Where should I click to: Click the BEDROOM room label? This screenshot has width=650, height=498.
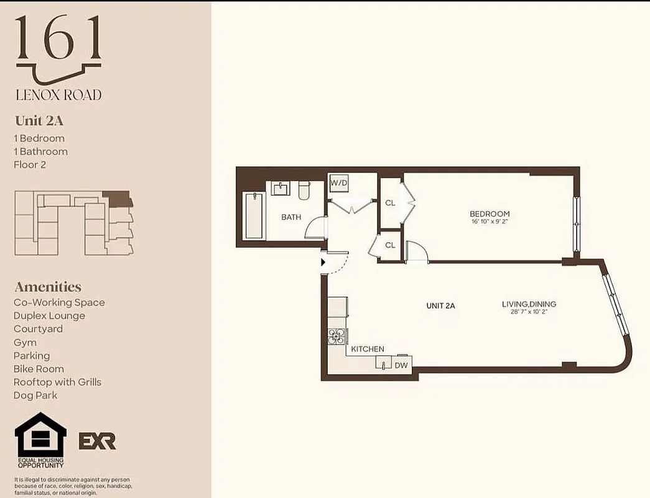[x=490, y=214]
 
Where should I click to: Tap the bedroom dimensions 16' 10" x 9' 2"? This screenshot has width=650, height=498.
[x=490, y=222]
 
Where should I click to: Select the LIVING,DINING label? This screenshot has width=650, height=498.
[x=529, y=304]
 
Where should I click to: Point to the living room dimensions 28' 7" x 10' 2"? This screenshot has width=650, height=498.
[x=529, y=312]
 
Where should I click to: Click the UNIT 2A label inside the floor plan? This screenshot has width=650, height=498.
[x=440, y=306]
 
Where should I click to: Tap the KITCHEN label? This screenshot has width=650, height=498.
[x=368, y=349]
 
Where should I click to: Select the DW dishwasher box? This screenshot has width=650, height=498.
[x=401, y=365]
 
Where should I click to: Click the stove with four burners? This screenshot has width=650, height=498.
[x=337, y=337]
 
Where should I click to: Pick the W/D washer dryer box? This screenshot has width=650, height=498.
[x=339, y=183]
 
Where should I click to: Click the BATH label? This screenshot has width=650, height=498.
[x=291, y=217]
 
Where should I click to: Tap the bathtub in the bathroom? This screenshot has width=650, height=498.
[x=254, y=215]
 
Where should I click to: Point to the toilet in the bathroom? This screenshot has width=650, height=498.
[x=304, y=190]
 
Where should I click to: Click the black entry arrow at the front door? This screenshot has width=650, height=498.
[x=323, y=263]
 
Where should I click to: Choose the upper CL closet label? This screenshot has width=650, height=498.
[x=390, y=203]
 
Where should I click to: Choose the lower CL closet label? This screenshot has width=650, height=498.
[x=390, y=245]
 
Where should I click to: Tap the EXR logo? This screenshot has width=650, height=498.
[x=97, y=441]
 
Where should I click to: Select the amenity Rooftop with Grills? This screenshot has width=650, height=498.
[x=57, y=382]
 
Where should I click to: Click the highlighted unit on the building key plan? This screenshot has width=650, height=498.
[x=118, y=199]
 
